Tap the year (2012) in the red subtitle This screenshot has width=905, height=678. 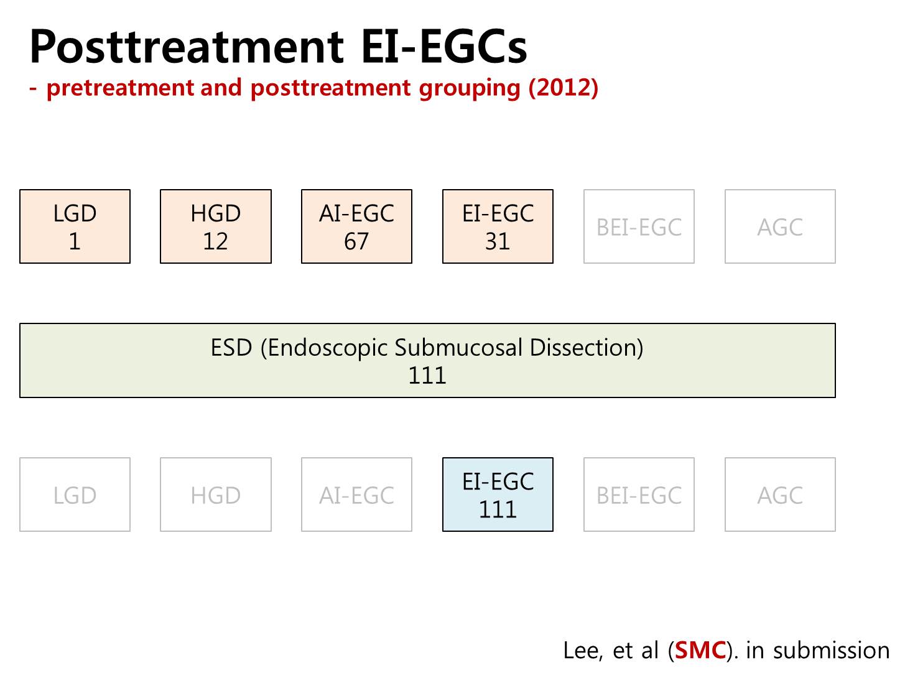pyautogui.click(x=563, y=88)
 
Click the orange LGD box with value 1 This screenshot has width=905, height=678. pyautogui.click(x=75, y=226)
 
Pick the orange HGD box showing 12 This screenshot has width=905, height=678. pyautogui.click(x=216, y=226)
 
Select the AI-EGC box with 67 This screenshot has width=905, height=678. pyautogui.click(x=356, y=226)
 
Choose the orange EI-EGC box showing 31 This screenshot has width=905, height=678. pyautogui.click(x=498, y=226)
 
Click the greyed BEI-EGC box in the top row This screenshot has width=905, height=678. pyautogui.click(x=639, y=226)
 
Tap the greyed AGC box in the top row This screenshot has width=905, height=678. pyautogui.click(x=780, y=226)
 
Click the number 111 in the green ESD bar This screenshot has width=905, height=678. pyautogui.click(x=427, y=376)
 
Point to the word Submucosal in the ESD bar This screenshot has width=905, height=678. pyautogui.click(x=458, y=348)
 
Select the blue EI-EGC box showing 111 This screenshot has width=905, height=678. pyautogui.click(x=498, y=495)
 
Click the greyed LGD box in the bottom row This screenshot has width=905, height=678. pyautogui.click(x=75, y=495)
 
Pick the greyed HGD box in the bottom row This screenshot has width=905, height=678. pyautogui.click(x=216, y=495)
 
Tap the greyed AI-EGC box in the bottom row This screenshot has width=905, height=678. pyautogui.click(x=356, y=495)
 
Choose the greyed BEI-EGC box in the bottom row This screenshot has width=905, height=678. pyautogui.click(x=639, y=495)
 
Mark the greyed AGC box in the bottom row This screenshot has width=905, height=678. pyautogui.click(x=780, y=495)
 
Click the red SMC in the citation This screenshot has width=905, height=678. pyautogui.click(x=700, y=651)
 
